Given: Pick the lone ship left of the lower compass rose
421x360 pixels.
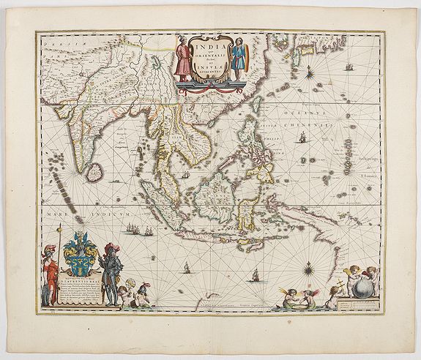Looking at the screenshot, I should coord(256,277).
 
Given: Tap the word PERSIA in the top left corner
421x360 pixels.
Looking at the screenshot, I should coord(60,45).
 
